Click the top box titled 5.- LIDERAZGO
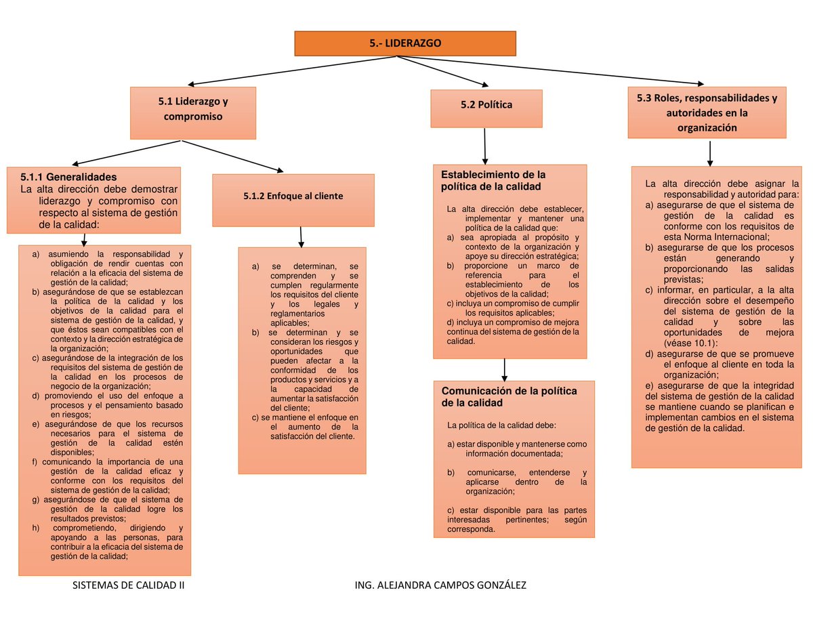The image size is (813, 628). coord(405,43)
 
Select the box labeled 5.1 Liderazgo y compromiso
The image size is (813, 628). coord(193,109)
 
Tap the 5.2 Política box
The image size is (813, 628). coord(486,106)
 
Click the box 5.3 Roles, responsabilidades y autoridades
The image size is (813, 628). coord(707,112)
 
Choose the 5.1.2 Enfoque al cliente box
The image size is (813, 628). coord(293,196)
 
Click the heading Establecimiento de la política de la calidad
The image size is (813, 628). coord(493,180)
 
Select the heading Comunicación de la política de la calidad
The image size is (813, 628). coord(509,397)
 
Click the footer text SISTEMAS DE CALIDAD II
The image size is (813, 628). coord(128,585)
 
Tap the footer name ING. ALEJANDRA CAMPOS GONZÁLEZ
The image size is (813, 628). coord(440,585)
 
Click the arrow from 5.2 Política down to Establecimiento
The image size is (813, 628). coord(485,146)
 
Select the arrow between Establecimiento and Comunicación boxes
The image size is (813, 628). coord(505,369)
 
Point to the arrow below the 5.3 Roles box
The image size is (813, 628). coord(709,152)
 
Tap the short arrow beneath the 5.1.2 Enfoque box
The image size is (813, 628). coord(301,237)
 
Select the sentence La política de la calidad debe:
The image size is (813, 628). coord(501,425)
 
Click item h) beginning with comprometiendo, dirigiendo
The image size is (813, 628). coord(108,528)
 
